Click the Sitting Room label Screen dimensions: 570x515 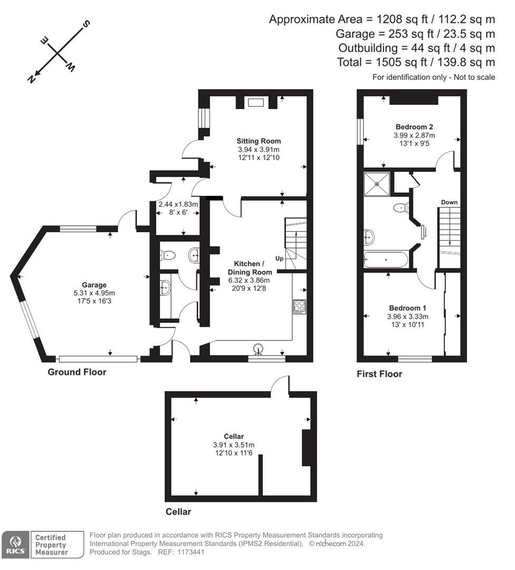259,141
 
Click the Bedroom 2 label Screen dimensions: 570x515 414,127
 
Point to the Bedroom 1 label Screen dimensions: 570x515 407,308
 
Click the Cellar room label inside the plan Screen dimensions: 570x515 233,436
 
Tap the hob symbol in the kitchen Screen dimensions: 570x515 300,307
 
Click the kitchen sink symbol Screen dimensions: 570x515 259,348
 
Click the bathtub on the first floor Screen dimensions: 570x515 386,260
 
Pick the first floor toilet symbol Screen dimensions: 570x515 402,207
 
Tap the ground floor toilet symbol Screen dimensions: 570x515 168,256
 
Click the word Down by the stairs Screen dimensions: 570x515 449,202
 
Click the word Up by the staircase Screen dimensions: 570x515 280,259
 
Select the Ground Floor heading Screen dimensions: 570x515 77,372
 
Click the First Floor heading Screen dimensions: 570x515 379,374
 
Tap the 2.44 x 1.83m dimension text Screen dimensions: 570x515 178,204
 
